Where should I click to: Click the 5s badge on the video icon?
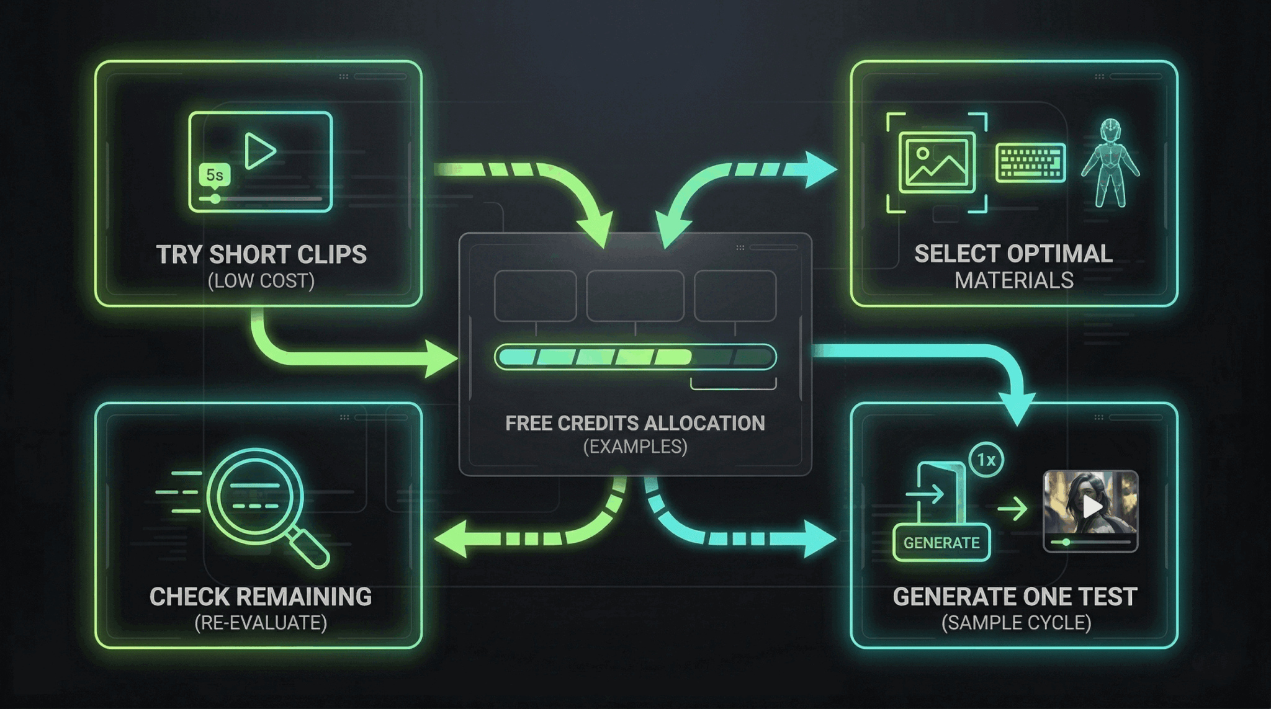click(214, 176)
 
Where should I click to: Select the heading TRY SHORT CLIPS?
click(261, 254)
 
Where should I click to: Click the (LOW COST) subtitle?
click(261, 281)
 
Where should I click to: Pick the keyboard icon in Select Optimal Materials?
click(1030, 163)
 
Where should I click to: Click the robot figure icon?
click(1110, 163)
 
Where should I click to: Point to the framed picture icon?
click(937, 163)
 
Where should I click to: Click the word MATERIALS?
click(1014, 280)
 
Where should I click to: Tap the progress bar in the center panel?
click(635, 357)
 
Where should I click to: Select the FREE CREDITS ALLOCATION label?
click(635, 423)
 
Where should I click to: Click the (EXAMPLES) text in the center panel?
click(635, 447)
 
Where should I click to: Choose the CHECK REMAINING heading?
click(261, 597)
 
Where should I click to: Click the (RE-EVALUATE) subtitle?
click(261, 623)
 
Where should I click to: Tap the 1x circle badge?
click(986, 460)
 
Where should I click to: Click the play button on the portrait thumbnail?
click(1092, 507)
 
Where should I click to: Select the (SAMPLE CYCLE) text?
click(1016, 623)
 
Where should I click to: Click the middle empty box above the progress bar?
click(635, 296)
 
